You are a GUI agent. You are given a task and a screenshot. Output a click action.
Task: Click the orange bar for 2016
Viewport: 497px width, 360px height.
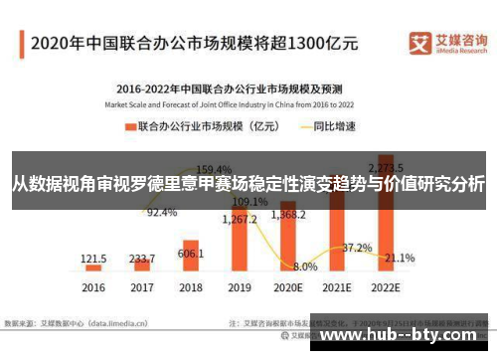pyautogui.click(x=93, y=268)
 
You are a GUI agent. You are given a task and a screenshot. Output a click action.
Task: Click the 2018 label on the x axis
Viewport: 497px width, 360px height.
pyautogui.click(x=191, y=287)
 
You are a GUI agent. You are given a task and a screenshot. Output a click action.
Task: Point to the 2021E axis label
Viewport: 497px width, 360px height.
pyautogui.click(x=335, y=287)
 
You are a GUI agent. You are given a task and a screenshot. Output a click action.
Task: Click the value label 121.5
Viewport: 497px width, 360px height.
pyautogui.click(x=94, y=257)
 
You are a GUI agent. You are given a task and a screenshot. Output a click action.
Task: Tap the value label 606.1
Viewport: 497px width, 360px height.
pyautogui.click(x=191, y=253)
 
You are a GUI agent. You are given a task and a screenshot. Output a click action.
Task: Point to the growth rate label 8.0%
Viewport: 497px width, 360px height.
pyautogui.click(x=305, y=267)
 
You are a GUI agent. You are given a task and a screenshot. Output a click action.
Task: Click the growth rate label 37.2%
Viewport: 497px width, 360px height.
pyautogui.click(x=357, y=247)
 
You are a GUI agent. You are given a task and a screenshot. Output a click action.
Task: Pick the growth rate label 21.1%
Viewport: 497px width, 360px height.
pyautogui.click(x=400, y=258)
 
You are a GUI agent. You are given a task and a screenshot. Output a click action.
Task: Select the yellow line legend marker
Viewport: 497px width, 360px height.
pyautogui.click(x=312, y=127)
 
